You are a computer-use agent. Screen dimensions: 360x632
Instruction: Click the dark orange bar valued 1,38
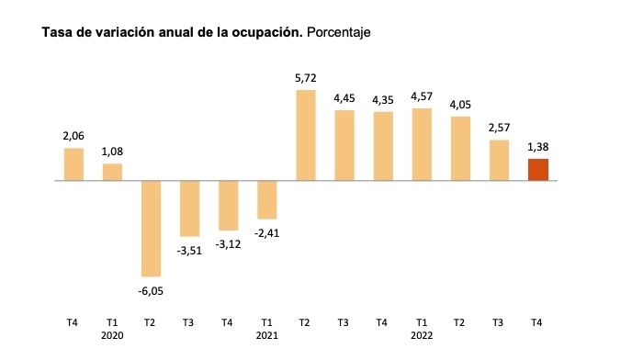[537, 170]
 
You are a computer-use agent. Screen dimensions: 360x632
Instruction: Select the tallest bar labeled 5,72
[306, 135]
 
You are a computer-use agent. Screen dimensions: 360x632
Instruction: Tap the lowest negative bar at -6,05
[151, 228]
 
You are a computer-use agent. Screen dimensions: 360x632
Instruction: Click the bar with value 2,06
[73, 164]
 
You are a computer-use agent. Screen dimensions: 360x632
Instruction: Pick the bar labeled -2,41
[267, 199]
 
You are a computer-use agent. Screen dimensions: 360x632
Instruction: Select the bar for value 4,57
[422, 144]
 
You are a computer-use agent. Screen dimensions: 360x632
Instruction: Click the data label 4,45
[344, 98]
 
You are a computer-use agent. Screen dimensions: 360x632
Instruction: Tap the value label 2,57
[499, 128]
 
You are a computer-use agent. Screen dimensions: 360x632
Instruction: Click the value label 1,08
[112, 152]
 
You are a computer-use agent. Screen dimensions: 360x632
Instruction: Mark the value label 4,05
[460, 104]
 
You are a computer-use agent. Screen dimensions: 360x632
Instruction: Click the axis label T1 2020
[112, 328]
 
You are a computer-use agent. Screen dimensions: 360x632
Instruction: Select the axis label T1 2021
[267, 328]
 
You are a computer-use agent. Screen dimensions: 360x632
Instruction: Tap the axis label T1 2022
[422, 328]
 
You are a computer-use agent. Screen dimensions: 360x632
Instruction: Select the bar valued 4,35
[383, 146]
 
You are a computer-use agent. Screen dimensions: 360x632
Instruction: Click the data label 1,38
[537, 146]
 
